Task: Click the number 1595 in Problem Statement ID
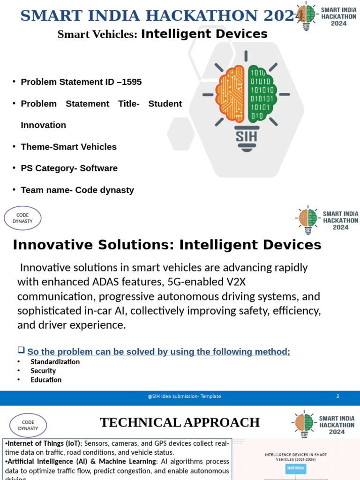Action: click(132, 82)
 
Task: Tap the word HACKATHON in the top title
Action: click(207, 15)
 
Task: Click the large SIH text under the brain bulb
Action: click(246, 136)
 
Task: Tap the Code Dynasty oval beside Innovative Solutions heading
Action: click(22, 218)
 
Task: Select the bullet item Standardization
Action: click(55, 362)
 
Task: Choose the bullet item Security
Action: click(43, 371)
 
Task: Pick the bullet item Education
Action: click(46, 380)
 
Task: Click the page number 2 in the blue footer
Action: click(337, 397)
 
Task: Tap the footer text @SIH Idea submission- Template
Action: click(184, 397)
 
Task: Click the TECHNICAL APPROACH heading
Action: click(180, 423)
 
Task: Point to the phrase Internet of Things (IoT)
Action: click(42, 443)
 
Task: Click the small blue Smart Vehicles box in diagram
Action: click(296, 468)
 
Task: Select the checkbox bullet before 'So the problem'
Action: click(21, 350)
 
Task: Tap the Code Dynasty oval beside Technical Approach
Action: click(28, 425)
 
